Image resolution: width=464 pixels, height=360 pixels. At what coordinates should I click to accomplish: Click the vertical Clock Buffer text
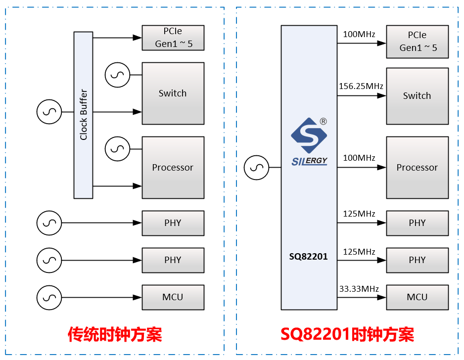[84, 115]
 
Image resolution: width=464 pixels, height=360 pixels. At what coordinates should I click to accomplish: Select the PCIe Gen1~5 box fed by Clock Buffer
[173, 38]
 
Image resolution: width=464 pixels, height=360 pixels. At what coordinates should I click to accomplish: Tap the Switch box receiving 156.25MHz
[417, 96]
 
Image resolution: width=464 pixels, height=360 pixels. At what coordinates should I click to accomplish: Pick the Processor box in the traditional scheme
[173, 168]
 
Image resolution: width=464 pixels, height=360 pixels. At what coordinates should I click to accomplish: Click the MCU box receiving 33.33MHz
[417, 297]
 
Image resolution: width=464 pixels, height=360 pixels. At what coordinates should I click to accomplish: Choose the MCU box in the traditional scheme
[173, 297]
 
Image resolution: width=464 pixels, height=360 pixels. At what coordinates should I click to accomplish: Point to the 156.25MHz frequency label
[361, 86]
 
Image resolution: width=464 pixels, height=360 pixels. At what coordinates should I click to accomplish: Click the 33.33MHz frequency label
[359, 289]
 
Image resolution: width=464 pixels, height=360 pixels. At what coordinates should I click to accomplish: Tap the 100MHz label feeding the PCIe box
[359, 35]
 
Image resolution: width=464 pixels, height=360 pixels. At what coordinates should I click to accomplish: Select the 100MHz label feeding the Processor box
[359, 158]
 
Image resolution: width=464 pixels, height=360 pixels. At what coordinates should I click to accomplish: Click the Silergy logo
[309, 141]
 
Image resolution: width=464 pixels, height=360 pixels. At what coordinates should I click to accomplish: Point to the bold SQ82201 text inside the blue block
[309, 257]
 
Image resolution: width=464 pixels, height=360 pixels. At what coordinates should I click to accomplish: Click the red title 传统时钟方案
[115, 335]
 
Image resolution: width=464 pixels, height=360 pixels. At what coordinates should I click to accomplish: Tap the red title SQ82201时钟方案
[347, 335]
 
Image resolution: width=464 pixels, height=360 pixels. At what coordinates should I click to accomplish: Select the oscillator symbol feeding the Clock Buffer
[49, 112]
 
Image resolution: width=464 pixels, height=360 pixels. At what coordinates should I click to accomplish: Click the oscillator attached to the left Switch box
[118, 75]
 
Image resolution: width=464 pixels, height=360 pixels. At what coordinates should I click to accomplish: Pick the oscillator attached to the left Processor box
[118, 149]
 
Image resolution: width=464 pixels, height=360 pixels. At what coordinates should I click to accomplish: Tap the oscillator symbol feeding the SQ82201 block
[257, 168]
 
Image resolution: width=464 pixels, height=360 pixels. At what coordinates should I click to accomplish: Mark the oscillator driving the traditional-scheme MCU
[49, 297]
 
